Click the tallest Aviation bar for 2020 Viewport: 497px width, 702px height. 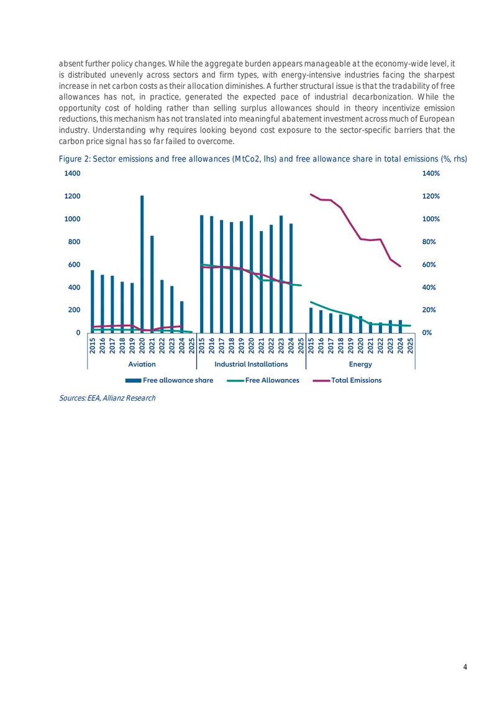pos(142,264)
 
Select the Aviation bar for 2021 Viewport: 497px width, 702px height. pos(152,285)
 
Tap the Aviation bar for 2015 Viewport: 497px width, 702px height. pos(92,301)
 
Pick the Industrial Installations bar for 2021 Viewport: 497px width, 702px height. pos(261,282)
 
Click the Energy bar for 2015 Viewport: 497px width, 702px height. pos(311,321)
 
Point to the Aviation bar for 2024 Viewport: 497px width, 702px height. pos(181,317)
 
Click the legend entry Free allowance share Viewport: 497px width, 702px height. pos(169,380)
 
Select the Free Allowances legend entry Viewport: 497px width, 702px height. pos(263,380)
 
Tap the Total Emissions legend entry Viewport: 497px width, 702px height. pos(347,380)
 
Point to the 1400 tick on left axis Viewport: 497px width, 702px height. pos(73,173)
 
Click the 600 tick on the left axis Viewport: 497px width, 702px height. pos(75,265)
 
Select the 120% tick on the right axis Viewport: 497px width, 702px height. pos(431,196)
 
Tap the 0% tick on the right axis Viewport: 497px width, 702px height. pos(427,332)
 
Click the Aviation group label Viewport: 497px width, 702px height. pos(142,365)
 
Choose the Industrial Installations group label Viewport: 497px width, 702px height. pos(251,365)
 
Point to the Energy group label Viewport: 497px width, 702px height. pos(360,365)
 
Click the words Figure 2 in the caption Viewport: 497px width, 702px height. pos(74,159)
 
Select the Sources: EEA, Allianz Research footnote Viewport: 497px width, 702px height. pos(107,398)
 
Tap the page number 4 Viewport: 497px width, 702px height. pos(465,667)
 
